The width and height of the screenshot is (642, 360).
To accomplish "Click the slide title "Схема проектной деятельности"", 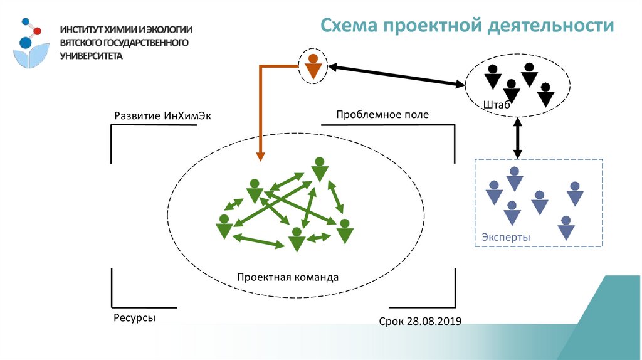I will pyautogui.click(x=467, y=26).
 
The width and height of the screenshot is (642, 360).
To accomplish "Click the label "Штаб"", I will pyautogui.click(x=496, y=105).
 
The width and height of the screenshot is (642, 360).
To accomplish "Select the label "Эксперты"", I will pyautogui.click(x=506, y=238).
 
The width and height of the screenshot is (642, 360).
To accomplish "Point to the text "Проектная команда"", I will pyautogui.click(x=288, y=277).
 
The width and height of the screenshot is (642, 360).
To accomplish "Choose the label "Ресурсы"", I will pyautogui.click(x=134, y=318).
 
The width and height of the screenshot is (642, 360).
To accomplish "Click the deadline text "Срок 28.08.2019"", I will pyautogui.click(x=420, y=321).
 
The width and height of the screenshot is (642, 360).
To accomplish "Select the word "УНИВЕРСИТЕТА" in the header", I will pyautogui.click(x=92, y=55).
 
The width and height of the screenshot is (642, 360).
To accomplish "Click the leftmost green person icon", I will pyautogui.click(x=223, y=226).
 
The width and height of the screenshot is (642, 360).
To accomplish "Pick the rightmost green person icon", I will pyautogui.click(x=344, y=231).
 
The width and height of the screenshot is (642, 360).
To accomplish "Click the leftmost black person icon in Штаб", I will pyautogui.click(x=493, y=76).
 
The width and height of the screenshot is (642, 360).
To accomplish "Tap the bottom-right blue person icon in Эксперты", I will pyautogui.click(x=567, y=228).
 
